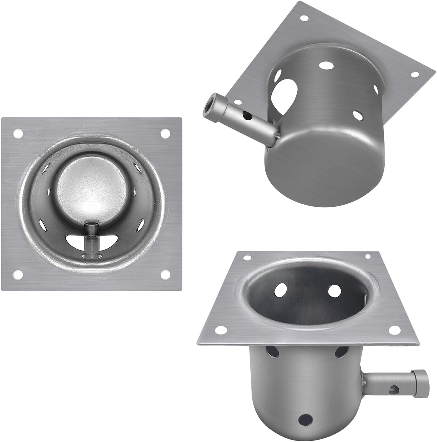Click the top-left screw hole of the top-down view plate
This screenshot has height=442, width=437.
coord(18,133)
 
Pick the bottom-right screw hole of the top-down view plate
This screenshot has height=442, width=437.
coord(165,275)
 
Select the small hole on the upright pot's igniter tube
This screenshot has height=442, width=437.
coord(394,388)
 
